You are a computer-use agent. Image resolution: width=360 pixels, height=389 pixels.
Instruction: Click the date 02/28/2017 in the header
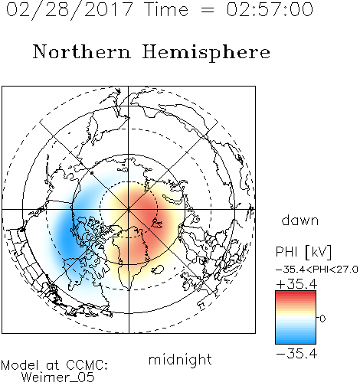pos(70,9)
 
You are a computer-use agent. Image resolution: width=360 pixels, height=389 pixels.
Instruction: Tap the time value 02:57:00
pos(270,9)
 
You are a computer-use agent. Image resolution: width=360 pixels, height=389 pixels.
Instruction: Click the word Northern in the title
pos(82,51)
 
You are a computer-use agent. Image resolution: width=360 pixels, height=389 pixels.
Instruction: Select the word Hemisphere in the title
pos(206,52)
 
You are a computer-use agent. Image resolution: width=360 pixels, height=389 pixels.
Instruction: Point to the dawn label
pos(300,220)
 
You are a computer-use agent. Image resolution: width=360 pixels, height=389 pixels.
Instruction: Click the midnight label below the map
pos(180,359)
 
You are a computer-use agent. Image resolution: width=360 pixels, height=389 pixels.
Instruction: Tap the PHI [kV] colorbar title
pos(303,252)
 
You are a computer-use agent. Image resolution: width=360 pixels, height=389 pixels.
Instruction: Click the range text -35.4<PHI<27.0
pos(316,270)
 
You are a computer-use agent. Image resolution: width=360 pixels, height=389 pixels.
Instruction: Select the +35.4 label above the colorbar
pos(296,284)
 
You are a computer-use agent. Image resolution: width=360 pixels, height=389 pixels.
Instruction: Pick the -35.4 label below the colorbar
pos(296,354)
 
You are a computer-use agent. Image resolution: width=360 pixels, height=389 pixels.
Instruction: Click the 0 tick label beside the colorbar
pos(322,319)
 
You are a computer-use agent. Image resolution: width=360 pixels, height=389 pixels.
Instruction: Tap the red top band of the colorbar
pos(296,293)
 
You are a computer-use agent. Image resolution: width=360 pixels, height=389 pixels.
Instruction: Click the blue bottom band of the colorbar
pos(296,341)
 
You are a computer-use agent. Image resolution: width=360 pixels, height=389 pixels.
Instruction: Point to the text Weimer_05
pos(58,378)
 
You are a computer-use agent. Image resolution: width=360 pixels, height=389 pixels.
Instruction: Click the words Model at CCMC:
pos(54,365)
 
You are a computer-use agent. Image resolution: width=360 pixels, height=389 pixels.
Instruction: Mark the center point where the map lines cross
pos(129,210)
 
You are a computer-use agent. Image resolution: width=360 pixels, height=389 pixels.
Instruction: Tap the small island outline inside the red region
pos(156,224)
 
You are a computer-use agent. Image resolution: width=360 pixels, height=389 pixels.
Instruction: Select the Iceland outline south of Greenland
pos(157,270)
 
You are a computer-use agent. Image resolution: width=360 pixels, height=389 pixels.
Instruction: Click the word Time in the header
pos(166,9)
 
